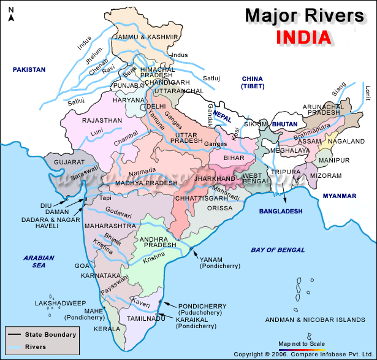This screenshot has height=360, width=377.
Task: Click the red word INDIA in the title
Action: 304,36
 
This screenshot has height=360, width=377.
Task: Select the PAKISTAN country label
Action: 30,70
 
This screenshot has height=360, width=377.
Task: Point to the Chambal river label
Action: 126,142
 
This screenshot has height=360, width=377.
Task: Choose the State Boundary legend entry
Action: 50,335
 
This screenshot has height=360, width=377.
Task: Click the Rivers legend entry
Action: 36,347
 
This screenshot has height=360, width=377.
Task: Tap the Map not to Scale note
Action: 301,343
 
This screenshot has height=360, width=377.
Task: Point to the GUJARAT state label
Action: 69,162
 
